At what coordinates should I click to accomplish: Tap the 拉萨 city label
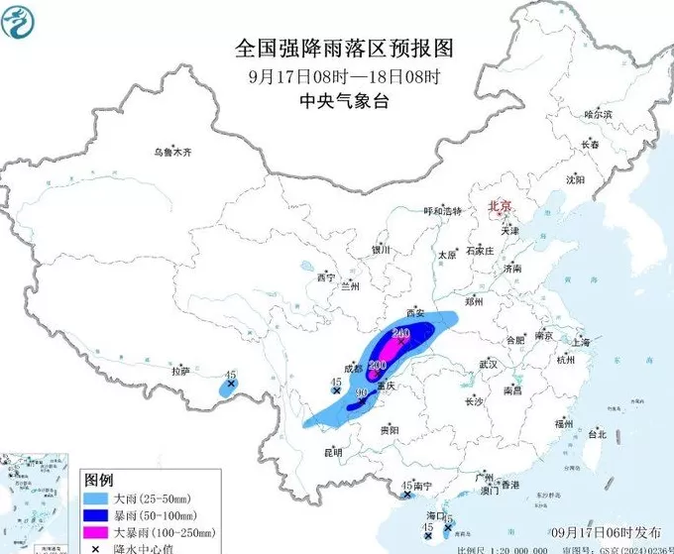click(179, 372)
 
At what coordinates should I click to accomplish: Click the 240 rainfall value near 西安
click(401, 334)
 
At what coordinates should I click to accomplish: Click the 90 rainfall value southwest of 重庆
click(362, 393)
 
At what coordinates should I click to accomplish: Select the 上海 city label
click(581, 342)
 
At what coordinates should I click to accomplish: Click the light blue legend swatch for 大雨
click(96, 498)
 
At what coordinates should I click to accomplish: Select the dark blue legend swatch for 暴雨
click(96, 515)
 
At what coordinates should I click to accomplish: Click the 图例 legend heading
click(98, 479)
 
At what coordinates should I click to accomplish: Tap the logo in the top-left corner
click(20, 20)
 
